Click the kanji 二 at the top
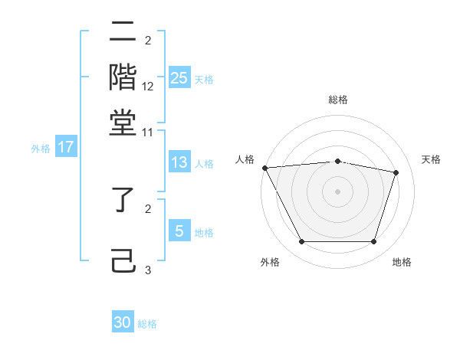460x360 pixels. coord(123,32)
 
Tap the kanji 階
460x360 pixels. coord(123,77)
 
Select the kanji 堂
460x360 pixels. coord(123,122)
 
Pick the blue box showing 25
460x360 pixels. coord(179,78)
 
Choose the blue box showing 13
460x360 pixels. coord(179,162)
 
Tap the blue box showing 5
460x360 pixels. coord(179,231)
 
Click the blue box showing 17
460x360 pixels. coord(65,148)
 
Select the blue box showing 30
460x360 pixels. coord(123,322)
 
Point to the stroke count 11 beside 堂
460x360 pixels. coord(148,133)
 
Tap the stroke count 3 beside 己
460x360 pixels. coord(148,270)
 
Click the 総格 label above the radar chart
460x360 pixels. coord(337,100)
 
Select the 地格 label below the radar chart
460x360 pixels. coord(402,262)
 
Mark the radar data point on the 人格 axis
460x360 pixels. coord(264,168)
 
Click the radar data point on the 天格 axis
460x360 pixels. coord(396,172)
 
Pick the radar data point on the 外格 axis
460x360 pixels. coord(301,242)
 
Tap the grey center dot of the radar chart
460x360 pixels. coord(337,191)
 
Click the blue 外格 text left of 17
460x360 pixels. coord(40,149)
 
